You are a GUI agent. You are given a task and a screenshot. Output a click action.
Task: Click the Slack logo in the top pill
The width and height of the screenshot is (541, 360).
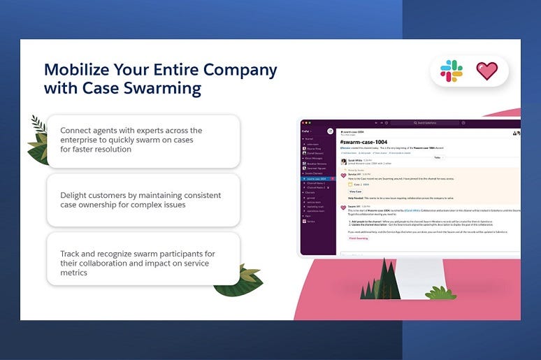[x=451, y=71]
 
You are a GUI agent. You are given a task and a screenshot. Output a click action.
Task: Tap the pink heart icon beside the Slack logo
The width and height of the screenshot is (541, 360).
[x=487, y=71]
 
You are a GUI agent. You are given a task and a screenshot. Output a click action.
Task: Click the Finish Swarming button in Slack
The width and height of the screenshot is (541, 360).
[x=359, y=238]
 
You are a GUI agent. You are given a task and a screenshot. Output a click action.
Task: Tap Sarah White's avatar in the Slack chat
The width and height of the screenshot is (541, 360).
[x=343, y=160]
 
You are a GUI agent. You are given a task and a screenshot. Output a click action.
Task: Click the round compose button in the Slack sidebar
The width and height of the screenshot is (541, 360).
[x=330, y=131]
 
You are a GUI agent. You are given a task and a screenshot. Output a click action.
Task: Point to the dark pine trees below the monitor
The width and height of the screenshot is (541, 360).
[x=377, y=280]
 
